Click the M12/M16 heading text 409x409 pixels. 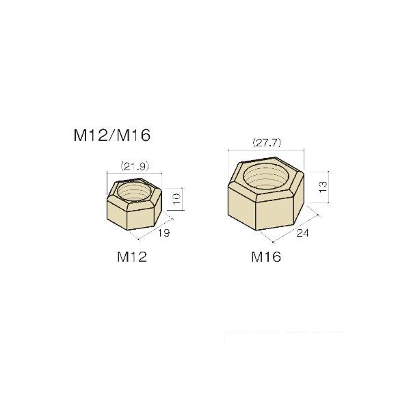(111, 135)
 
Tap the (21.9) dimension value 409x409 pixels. (134, 166)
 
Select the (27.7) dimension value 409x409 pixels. (267, 143)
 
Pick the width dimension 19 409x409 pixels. (163, 233)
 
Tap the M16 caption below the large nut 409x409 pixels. (266, 257)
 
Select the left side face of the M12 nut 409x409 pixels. (116, 213)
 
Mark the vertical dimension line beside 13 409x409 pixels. (330, 186)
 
